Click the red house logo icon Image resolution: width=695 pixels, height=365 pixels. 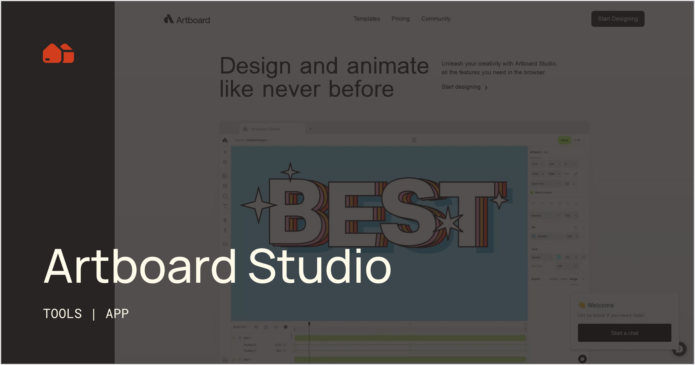pyautogui.click(x=58, y=53)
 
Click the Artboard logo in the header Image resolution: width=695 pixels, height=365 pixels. pyautogui.click(x=187, y=19)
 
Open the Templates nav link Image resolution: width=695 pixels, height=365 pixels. pyautogui.click(x=366, y=19)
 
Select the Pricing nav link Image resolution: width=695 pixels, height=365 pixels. pyautogui.click(x=400, y=19)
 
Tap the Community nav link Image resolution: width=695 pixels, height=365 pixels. pyautogui.click(x=436, y=19)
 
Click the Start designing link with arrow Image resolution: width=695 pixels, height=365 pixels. pyautogui.click(x=464, y=87)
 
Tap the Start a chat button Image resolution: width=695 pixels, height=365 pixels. pyautogui.click(x=624, y=333)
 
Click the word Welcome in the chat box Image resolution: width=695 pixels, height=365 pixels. pyautogui.click(x=600, y=305)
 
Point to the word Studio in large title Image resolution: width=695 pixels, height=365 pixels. pyautogui.click(x=320, y=267)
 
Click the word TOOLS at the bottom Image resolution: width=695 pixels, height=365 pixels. pyautogui.click(x=63, y=314)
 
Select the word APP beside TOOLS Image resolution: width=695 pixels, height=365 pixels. pyautogui.click(x=117, y=314)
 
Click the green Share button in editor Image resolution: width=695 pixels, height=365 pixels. pyautogui.click(x=564, y=140)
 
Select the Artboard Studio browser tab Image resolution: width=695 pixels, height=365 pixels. pyautogui.click(x=265, y=129)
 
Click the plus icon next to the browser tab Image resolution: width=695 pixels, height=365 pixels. pyautogui.click(x=310, y=129)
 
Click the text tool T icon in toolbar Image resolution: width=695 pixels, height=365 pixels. pyautogui.click(x=225, y=206)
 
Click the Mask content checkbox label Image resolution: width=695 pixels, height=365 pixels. pyautogui.click(x=543, y=192)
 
